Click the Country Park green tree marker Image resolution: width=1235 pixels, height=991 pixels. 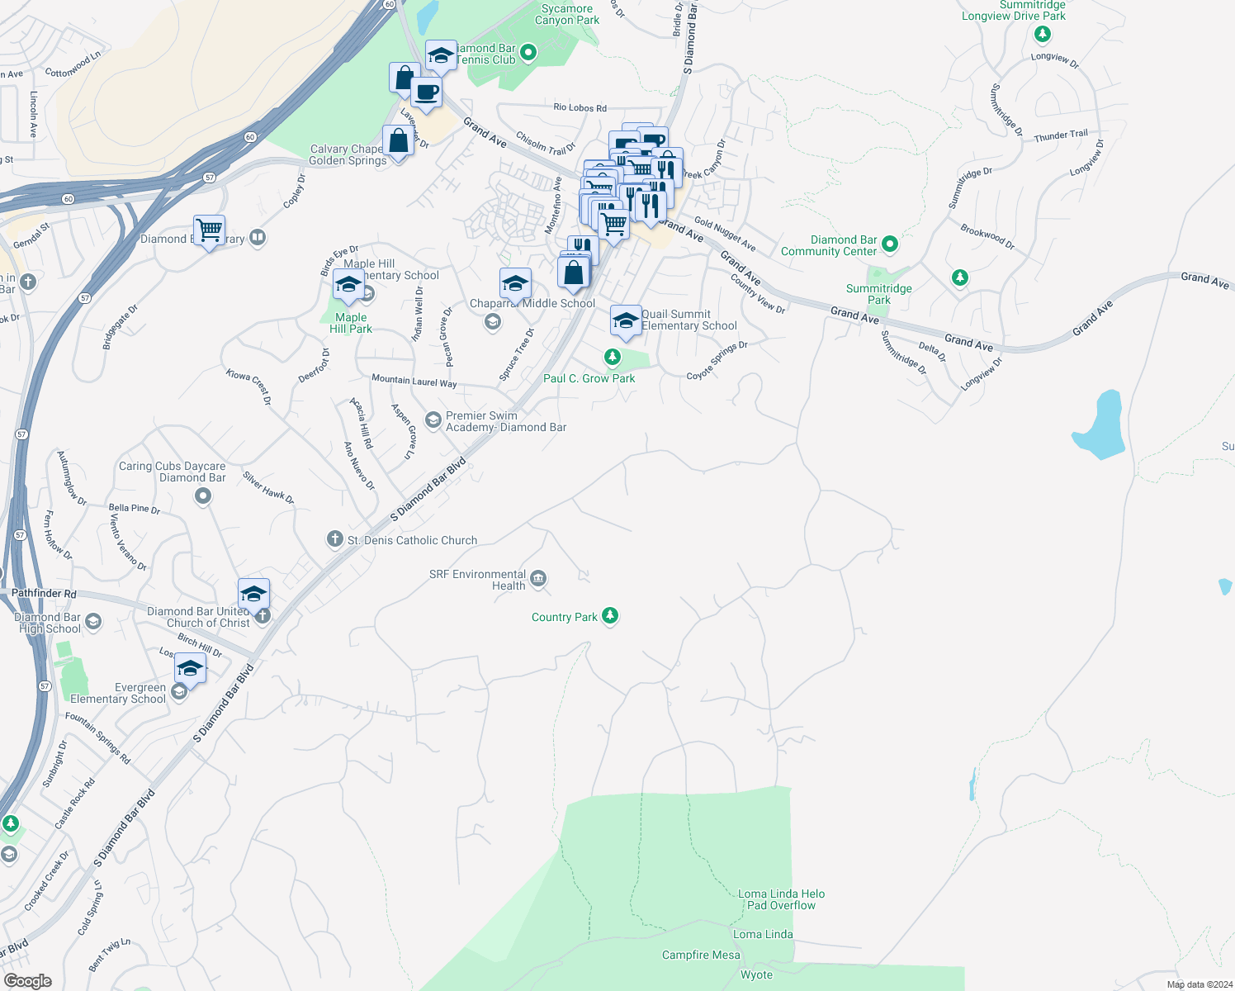tap(610, 616)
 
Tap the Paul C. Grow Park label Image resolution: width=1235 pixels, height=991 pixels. tap(589, 378)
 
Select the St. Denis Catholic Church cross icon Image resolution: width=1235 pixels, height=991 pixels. tap(334, 539)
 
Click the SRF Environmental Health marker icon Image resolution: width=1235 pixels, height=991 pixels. tap(538, 579)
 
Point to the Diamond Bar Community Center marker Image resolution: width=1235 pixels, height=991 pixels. tap(889, 244)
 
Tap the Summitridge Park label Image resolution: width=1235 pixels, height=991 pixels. tap(878, 294)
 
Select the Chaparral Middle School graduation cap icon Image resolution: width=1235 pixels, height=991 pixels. tap(515, 284)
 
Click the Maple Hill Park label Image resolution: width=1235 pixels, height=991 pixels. tap(351, 323)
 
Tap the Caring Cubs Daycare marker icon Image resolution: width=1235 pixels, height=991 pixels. tap(203, 496)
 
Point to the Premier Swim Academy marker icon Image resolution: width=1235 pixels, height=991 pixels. tap(433, 420)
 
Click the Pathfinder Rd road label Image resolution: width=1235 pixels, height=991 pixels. tap(44, 594)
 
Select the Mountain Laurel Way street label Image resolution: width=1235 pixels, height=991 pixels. tap(414, 381)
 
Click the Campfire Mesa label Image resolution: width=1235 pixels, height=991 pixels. tap(701, 955)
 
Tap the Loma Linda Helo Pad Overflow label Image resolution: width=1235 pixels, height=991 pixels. tap(781, 899)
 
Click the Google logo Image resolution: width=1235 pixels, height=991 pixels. tap(27, 980)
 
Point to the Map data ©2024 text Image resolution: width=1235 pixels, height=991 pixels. tap(1196, 984)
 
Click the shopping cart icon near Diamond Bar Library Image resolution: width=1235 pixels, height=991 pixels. tap(210, 230)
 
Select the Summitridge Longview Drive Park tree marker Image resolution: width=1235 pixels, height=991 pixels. tap(1043, 34)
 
